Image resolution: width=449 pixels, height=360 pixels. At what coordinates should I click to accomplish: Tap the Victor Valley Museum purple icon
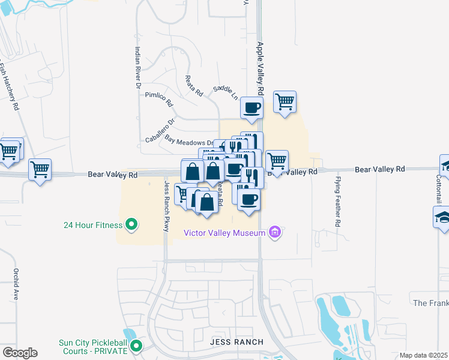tap(276, 232)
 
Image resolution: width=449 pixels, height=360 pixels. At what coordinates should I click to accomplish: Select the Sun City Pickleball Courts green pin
tap(136, 346)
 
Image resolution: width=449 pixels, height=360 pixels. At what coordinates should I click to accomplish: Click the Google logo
tap(20, 353)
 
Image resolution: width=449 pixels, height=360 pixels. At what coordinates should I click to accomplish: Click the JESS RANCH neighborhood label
tap(237, 342)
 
